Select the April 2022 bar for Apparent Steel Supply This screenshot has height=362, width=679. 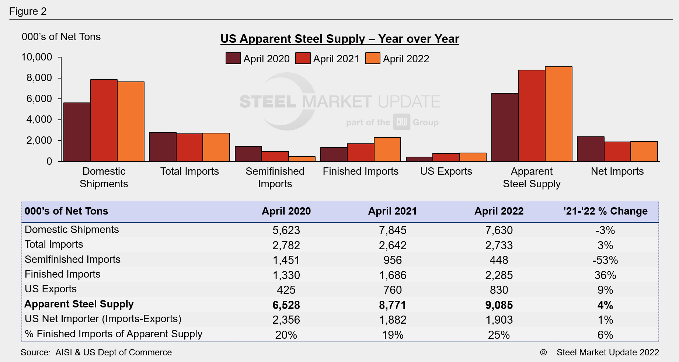click(x=558, y=114)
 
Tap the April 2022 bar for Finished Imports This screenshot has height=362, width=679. click(x=387, y=149)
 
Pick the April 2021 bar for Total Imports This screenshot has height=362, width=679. click(x=189, y=147)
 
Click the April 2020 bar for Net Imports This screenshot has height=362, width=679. click(x=591, y=149)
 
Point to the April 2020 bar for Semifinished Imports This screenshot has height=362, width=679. click(x=248, y=154)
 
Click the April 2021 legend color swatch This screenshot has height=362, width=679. click(x=303, y=59)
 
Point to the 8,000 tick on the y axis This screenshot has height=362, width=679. click(x=39, y=78)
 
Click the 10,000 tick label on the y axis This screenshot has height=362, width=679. click(x=37, y=57)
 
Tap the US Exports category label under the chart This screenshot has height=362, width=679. click(x=446, y=171)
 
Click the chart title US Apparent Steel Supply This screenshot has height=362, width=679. click(x=339, y=39)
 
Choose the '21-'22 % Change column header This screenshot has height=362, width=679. click(x=605, y=211)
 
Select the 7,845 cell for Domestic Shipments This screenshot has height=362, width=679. click(x=393, y=230)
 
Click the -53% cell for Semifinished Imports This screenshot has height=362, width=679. click(x=605, y=260)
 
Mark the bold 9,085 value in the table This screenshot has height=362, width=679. click(x=499, y=305)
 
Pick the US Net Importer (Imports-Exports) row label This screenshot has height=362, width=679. click(x=103, y=319)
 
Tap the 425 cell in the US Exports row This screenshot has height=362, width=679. click(x=286, y=290)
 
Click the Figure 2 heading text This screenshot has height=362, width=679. click(x=28, y=11)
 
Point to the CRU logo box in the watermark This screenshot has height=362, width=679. click(x=401, y=122)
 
